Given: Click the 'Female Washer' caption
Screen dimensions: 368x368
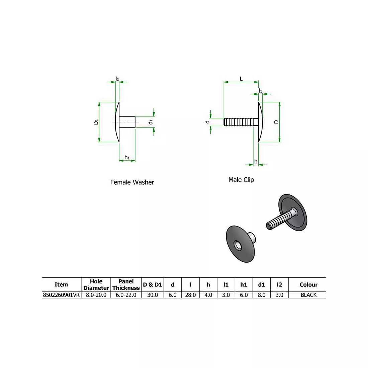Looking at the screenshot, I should click(x=132, y=182).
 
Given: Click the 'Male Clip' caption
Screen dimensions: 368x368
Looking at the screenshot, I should click(x=241, y=180).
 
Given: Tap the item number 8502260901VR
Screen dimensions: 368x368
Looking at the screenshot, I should click(x=61, y=295).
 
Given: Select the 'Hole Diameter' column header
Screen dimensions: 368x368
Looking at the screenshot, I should click(x=96, y=285).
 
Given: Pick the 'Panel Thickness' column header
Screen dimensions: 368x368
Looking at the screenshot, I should click(x=126, y=285).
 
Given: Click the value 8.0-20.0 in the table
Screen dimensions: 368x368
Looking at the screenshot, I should click(x=96, y=295).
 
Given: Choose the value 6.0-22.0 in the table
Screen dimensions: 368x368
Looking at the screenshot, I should click(x=126, y=295).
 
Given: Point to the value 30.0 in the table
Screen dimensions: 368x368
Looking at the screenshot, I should click(x=152, y=295).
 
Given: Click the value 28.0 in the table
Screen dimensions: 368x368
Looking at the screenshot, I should click(x=190, y=295).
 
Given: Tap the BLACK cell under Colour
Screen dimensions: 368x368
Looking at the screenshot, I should click(x=308, y=295).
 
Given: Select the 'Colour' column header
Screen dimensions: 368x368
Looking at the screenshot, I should click(x=308, y=285).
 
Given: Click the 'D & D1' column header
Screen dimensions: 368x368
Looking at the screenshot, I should click(x=152, y=285).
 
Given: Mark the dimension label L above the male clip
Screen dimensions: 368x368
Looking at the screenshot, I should click(x=241, y=79).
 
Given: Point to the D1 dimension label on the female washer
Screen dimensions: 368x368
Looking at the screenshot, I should click(x=96, y=122).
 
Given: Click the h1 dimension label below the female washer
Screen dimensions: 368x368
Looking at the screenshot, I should click(x=127, y=157).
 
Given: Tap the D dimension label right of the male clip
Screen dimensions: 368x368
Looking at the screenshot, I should click(x=276, y=122).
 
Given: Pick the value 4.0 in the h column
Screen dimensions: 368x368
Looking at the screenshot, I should click(x=208, y=295).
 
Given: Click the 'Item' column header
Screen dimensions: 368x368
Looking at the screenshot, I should click(x=61, y=285).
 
